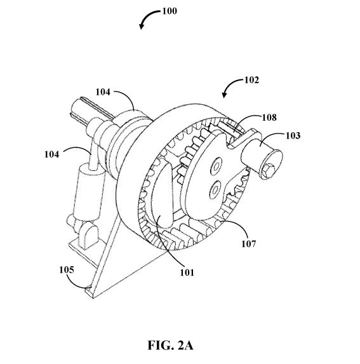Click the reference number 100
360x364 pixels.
pyautogui.click(x=170, y=11)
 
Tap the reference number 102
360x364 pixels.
pyautogui.click(x=251, y=80)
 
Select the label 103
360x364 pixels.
pyautogui.click(x=293, y=135)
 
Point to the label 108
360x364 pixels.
pyautogui.click(x=269, y=118)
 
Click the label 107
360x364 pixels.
pyautogui.click(x=249, y=244)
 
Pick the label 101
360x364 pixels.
pyautogui.click(x=187, y=273)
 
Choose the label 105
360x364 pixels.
pyautogui.click(x=67, y=270)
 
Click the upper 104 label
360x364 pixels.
pyautogui.click(x=103, y=92)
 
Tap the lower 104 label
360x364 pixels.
pyautogui.click(x=51, y=154)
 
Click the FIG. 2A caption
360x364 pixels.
pyautogui.click(x=170, y=345)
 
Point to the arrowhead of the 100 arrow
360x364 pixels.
pyautogui.click(x=141, y=27)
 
